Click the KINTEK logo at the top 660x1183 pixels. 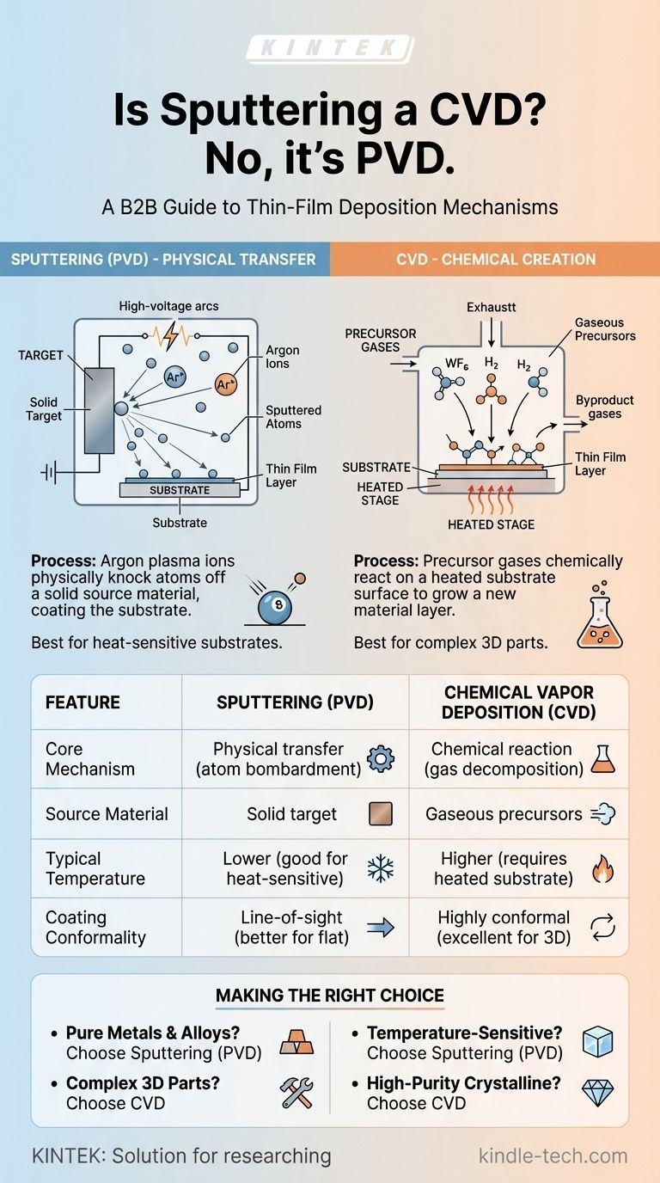click(329, 49)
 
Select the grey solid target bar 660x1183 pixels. click(100, 410)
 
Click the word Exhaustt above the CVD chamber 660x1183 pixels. click(492, 307)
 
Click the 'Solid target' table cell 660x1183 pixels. click(291, 813)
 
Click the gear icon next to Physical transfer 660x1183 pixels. click(380, 758)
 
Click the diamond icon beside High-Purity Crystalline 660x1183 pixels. click(597, 1092)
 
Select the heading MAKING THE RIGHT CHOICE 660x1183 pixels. click(330, 996)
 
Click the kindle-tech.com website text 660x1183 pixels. click(553, 1155)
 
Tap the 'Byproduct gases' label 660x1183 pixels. click(605, 408)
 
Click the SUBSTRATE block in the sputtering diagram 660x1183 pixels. click(180, 490)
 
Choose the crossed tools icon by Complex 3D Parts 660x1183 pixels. click(296, 1092)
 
